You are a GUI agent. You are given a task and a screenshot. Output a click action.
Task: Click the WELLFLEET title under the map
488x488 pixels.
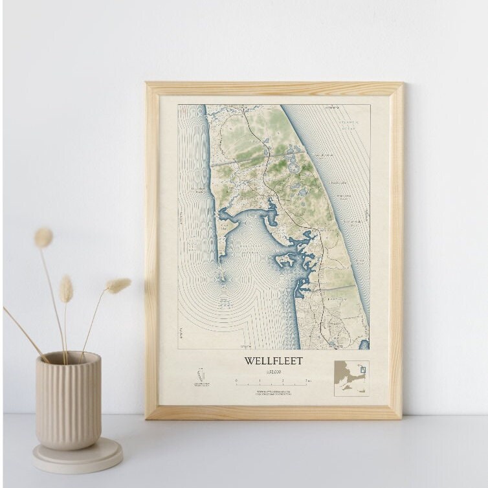[273, 360]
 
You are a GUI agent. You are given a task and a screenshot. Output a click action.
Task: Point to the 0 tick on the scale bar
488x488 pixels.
[236, 382]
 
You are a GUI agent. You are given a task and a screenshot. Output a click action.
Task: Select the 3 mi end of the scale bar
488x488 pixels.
[307, 382]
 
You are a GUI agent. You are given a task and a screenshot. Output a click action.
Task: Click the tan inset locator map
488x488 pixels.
[351, 379]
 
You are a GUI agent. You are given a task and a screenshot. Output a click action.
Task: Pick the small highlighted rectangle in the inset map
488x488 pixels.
[362, 370]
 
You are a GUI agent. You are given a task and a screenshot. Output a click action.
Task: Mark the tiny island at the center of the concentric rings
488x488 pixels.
[222, 280]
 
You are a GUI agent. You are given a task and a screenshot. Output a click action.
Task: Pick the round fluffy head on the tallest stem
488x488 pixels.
[43, 238]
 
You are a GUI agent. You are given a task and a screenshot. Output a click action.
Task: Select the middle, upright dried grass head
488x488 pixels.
[66, 289]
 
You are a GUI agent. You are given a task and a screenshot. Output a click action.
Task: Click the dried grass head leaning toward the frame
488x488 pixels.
[118, 285]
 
